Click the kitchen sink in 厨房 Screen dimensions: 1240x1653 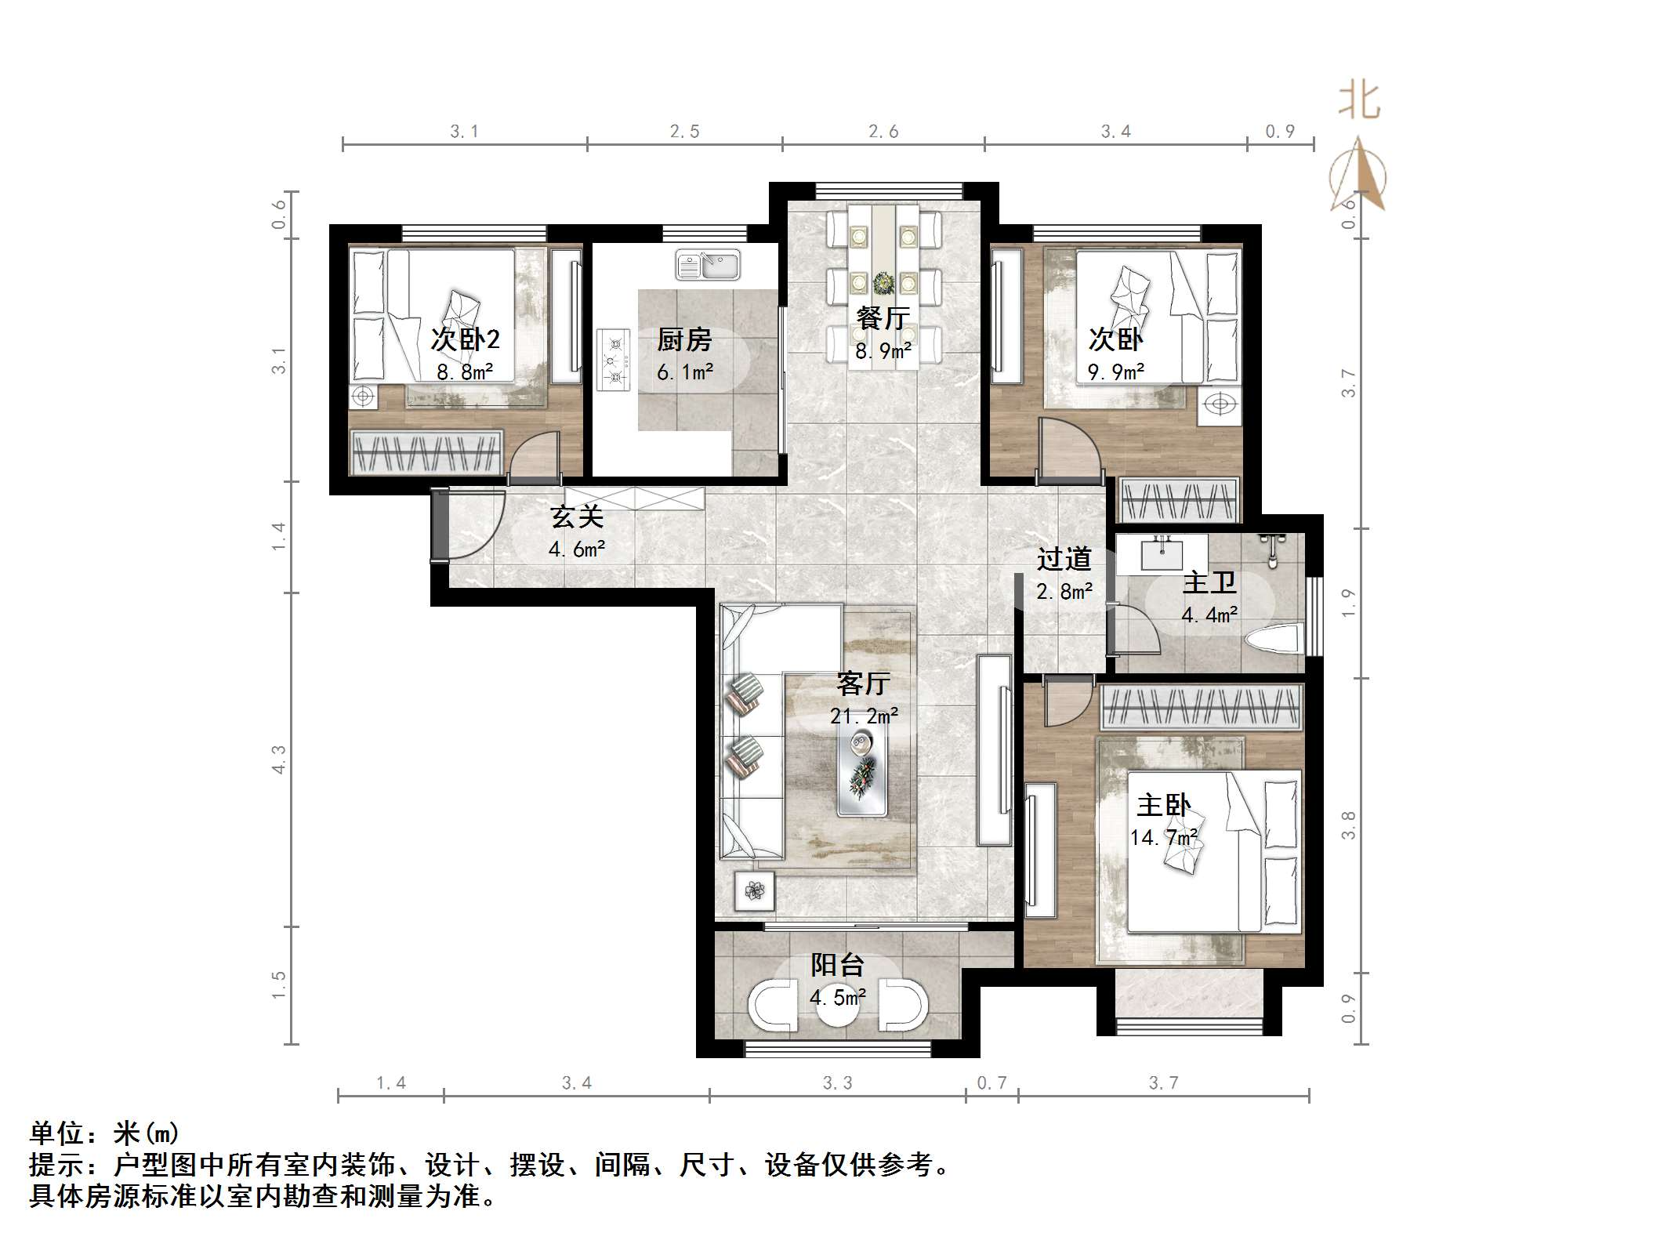click(x=708, y=266)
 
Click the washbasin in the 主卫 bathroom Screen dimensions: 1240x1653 click(x=1162, y=555)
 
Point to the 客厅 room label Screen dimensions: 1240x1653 click(x=863, y=683)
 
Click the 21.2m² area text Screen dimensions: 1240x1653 click(x=864, y=716)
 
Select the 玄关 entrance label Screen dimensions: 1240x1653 click(x=577, y=517)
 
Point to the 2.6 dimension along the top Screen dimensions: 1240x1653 click(x=883, y=132)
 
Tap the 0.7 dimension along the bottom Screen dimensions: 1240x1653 click(x=991, y=1083)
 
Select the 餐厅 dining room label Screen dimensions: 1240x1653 click(x=883, y=318)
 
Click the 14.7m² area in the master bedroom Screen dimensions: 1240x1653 click(x=1163, y=838)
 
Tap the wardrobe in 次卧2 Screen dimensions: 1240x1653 click(x=426, y=453)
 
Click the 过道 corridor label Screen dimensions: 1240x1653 click(x=1064, y=559)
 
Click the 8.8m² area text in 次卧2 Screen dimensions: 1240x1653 click(x=465, y=372)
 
